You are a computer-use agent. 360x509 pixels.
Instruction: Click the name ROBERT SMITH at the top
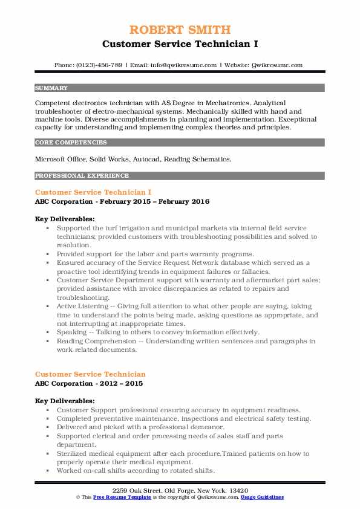point(180,30)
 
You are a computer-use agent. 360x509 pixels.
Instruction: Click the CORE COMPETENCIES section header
point(71,143)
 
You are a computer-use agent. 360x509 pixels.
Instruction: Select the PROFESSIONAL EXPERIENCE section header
point(82,176)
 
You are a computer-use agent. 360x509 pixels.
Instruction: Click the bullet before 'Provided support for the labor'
point(48,254)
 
